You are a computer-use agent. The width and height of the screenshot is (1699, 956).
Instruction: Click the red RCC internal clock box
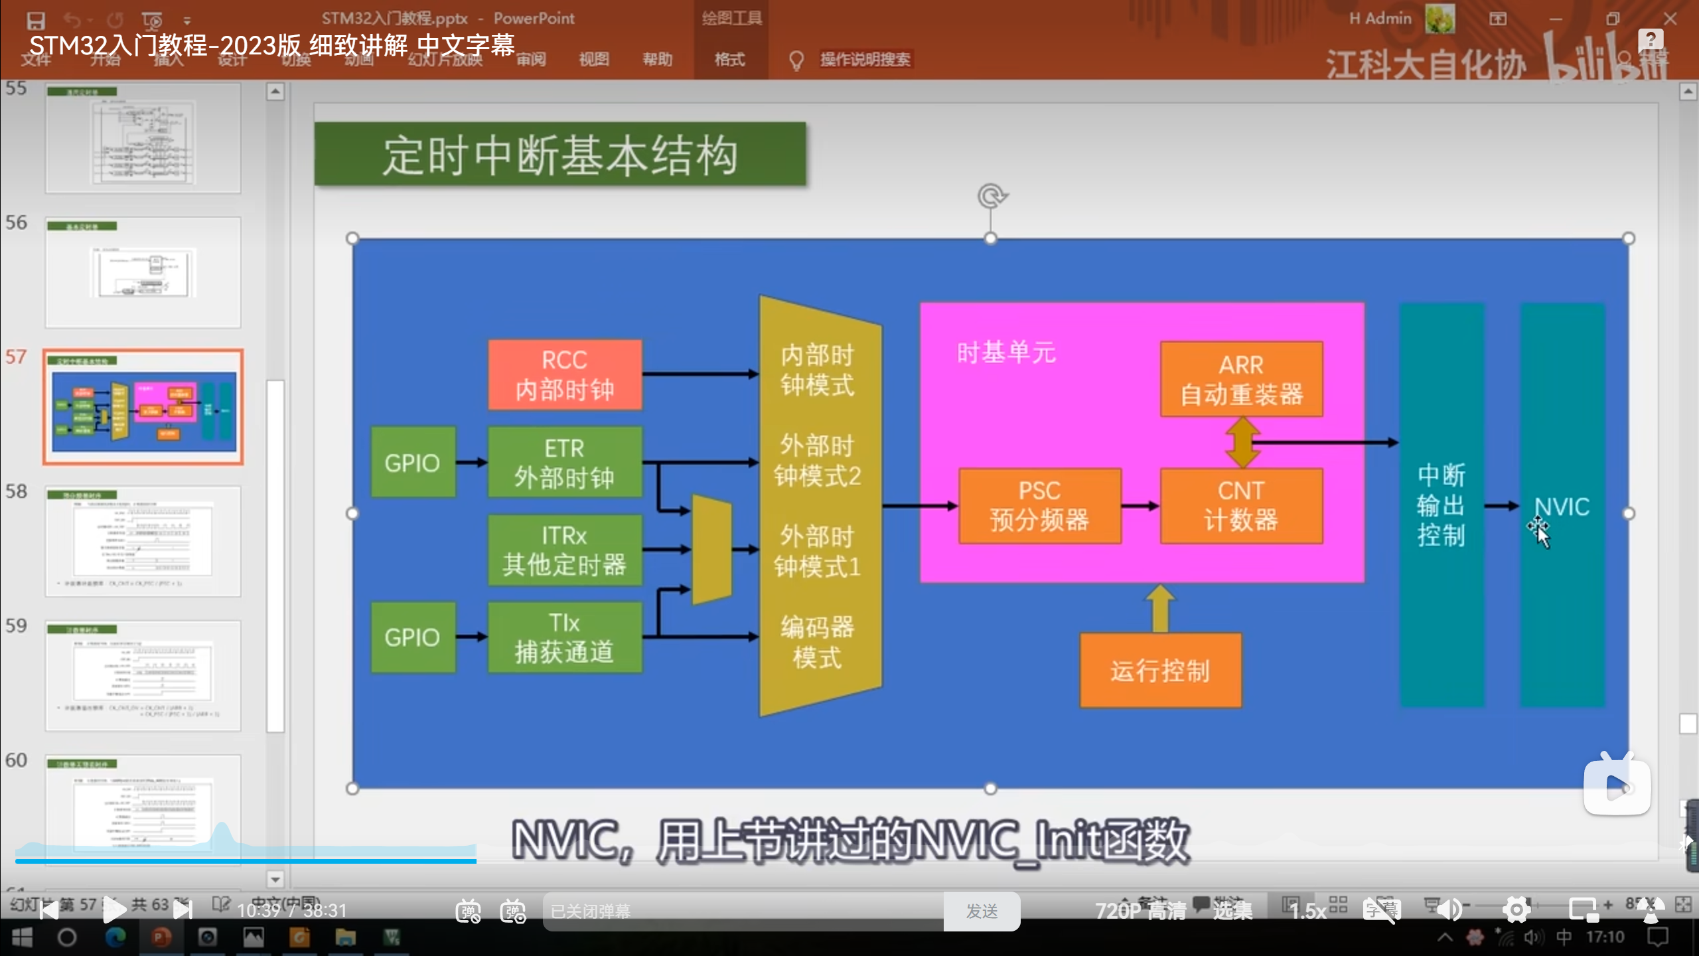tap(565, 374)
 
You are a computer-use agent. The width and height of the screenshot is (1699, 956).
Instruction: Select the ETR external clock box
tap(565, 462)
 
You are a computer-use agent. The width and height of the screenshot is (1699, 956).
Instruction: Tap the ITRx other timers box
tap(565, 550)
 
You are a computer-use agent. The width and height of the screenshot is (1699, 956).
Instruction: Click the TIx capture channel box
tap(565, 637)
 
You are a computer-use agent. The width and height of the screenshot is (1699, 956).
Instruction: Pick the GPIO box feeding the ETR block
tap(413, 462)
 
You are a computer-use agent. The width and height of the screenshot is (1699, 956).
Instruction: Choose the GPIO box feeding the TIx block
tap(413, 637)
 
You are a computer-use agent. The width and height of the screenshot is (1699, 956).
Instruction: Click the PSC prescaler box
tap(1039, 506)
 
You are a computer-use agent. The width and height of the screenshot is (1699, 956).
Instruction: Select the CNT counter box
tap(1241, 506)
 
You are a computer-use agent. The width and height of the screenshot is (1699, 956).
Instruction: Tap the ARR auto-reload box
tap(1241, 380)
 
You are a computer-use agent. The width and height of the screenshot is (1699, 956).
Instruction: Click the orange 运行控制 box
tap(1160, 671)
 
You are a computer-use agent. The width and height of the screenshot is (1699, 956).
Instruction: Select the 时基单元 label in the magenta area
tap(1006, 353)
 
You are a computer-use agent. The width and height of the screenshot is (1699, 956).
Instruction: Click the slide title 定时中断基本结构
tap(560, 155)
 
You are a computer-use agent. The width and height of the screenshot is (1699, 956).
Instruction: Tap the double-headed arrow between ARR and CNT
tap(1242, 442)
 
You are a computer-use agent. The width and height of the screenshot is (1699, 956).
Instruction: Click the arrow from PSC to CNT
tap(1140, 506)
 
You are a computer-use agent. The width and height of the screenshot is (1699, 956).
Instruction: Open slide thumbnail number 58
tap(143, 541)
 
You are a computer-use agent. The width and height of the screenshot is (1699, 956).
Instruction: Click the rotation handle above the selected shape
tap(992, 197)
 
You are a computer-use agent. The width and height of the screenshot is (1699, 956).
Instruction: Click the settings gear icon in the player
tap(1516, 910)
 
